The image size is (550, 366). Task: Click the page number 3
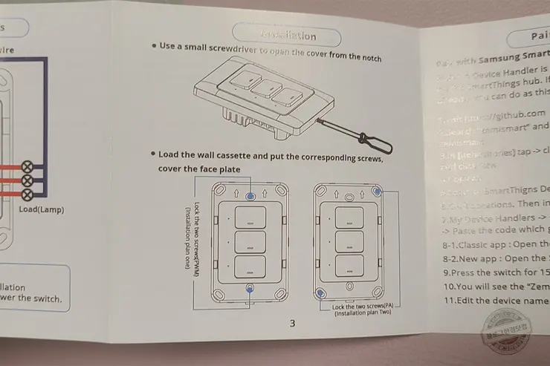(292, 323)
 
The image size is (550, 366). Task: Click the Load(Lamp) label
(42, 210)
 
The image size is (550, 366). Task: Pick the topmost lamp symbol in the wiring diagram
(29, 166)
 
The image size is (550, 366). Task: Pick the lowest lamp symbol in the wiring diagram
(29, 194)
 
